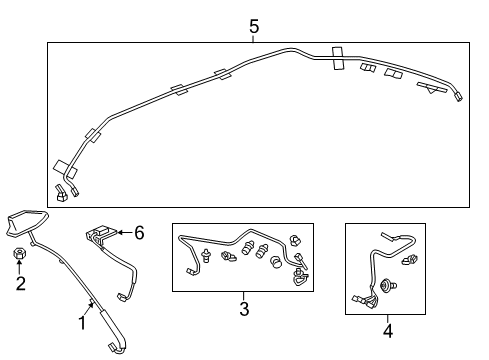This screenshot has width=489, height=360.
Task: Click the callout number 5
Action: click(x=254, y=27)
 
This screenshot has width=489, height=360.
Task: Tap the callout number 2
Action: click(x=21, y=283)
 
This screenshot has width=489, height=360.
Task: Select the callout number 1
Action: click(x=82, y=323)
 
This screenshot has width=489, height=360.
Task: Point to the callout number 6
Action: click(x=139, y=232)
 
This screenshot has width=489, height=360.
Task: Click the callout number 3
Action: click(x=244, y=309)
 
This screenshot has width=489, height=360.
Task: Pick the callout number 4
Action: click(x=388, y=331)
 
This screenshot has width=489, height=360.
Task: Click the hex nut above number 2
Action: click(x=20, y=254)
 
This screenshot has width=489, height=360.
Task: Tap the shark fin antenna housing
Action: click(x=27, y=223)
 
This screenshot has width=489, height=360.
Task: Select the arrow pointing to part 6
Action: click(x=125, y=232)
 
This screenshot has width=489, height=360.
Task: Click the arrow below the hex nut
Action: click(x=19, y=267)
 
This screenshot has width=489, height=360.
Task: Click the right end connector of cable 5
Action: click(x=459, y=97)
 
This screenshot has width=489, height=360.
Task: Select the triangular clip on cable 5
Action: click(x=432, y=88)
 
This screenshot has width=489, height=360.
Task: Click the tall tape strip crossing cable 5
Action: click(x=339, y=59)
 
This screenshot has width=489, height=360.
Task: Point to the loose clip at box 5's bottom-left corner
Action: click(x=61, y=193)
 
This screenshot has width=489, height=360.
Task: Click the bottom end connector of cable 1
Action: click(x=115, y=348)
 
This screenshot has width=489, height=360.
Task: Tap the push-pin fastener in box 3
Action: click(x=206, y=255)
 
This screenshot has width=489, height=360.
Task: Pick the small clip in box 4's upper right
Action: click(x=410, y=259)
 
